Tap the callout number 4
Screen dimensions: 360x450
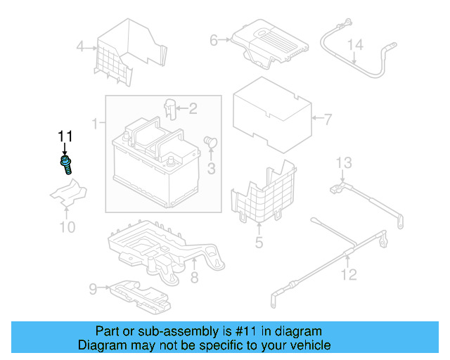tap(80, 48)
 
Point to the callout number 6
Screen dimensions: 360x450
tap(214, 41)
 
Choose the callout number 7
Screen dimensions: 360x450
tap(327, 119)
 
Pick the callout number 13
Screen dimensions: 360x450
tap(343, 164)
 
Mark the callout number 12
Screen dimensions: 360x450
tap(349, 275)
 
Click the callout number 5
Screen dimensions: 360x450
tap(259, 243)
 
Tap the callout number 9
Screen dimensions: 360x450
tap(92, 288)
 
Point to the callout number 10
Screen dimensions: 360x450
tap(66, 226)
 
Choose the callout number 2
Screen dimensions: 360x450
tap(193, 108)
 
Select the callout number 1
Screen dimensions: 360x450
tap(95, 124)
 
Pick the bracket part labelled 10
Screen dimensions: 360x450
tap(67, 194)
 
